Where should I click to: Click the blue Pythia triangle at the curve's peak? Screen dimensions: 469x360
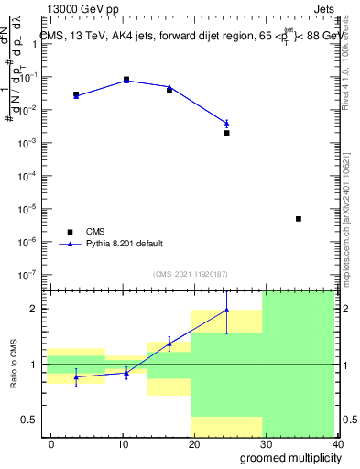tap(126, 81)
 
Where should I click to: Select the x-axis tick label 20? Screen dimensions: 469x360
tap(193, 444)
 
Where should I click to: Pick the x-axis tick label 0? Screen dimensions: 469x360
tap(51, 444)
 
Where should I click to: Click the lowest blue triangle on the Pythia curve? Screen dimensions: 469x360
tap(226, 124)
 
